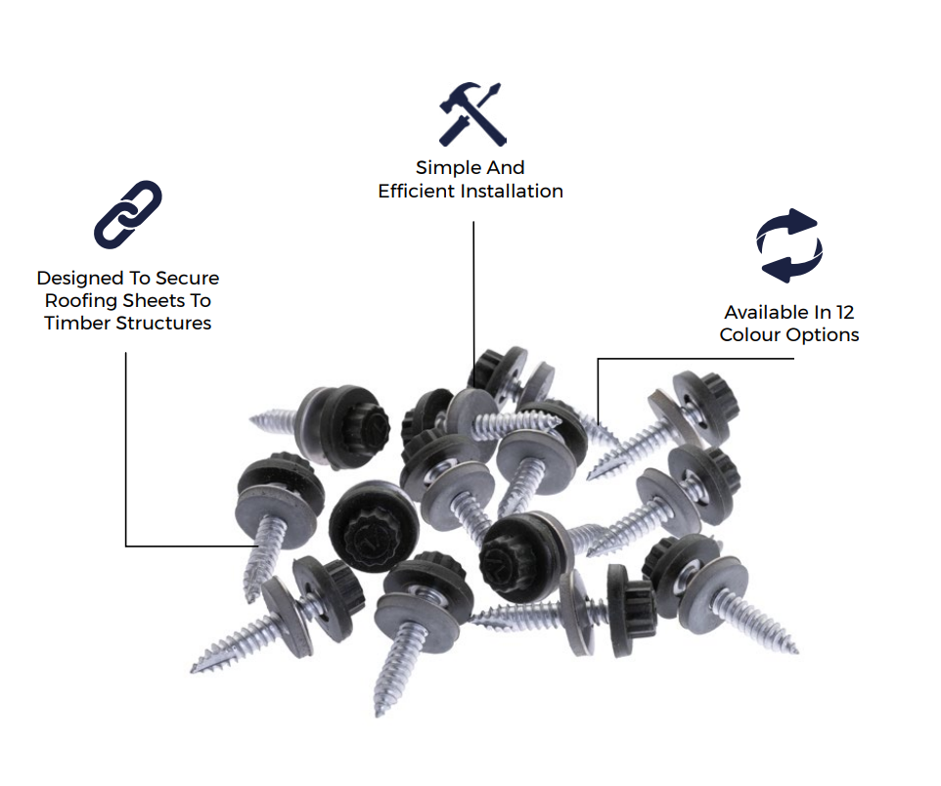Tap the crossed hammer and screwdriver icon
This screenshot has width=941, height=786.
[472, 114]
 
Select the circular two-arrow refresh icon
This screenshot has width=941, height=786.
[789, 245]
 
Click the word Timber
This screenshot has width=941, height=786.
[77, 323]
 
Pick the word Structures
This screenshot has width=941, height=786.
[163, 323]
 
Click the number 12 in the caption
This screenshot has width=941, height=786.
[845, 312]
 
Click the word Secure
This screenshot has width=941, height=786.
[187, 279]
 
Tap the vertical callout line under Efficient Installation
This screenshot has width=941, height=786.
[473, 304]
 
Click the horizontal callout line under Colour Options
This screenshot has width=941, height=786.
[695, 359]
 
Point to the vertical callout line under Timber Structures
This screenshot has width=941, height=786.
[126, 450]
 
